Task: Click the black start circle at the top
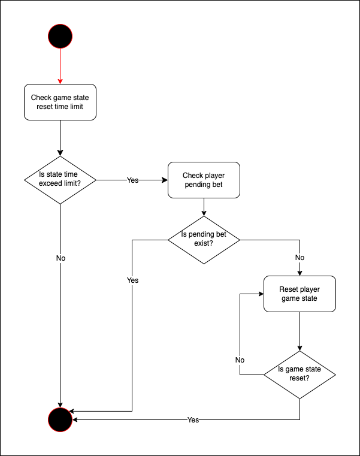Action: (60, 36)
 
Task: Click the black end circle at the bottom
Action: (60, 419)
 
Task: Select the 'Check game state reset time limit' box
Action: (60, 102)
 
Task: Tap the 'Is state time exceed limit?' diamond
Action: (60, 179)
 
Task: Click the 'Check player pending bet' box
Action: (204, 180)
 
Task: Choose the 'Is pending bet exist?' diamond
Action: (204, 240)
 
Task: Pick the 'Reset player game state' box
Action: (300, 294)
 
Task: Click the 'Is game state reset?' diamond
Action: (300, 375)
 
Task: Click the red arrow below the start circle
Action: (60, 66)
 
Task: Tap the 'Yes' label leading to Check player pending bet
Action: (132, 180)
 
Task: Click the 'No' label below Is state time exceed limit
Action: (60, 258)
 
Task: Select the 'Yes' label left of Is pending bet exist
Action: (132, 280)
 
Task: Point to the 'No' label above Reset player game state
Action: (300, 258)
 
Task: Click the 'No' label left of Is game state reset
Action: (240, 360)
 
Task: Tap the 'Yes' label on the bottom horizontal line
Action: (193, 420)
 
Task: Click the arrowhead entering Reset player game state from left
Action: (261, 294)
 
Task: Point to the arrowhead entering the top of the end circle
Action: (60, 404)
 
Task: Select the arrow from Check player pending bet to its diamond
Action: (204, 207)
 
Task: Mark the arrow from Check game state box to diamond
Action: (60, 138)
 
